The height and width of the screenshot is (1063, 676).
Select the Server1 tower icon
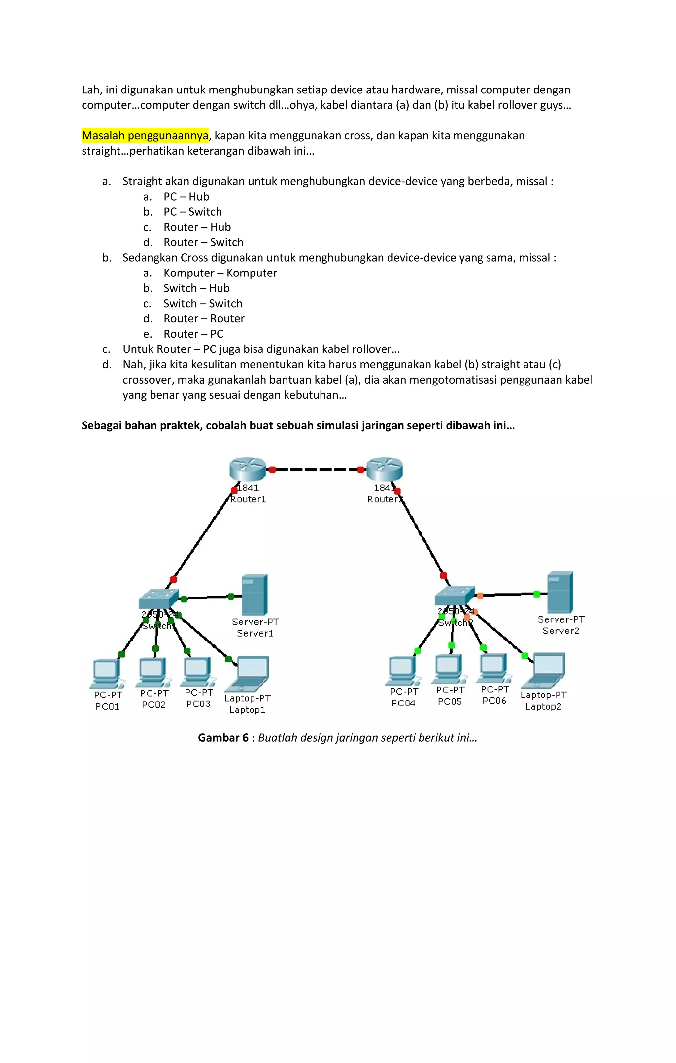point(254,595)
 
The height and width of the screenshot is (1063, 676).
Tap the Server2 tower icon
point(560,592)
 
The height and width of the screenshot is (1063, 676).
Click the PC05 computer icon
point(449,669)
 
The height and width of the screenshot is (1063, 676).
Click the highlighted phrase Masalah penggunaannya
point(145,135)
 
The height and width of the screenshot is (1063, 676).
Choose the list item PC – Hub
point(186,197)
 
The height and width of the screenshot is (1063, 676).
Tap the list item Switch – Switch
point(203,303)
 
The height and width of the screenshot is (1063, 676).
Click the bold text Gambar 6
point(223,738)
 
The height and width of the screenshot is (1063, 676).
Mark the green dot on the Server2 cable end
point(537,594)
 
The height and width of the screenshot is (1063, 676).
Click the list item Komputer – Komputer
point(220,273)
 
